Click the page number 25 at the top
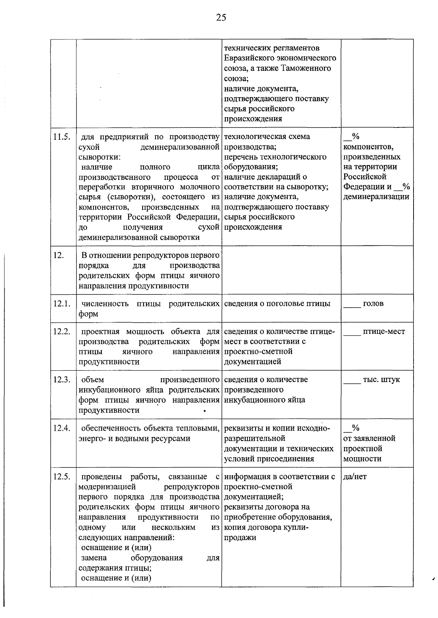tap(221, 17)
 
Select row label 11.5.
tap(61, 137)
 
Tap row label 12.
tap(58, 256)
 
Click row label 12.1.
tap(61, 304)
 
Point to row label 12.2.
tap(61, 332)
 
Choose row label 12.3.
tap(61, 380)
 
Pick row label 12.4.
tap(61, 428)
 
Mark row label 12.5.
tap(61, 477)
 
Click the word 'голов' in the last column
tap(373, 304)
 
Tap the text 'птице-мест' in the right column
tap(384, 332)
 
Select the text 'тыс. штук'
tap(381, 380)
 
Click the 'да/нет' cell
tap(355, 477)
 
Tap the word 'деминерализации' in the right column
tap(376, 197)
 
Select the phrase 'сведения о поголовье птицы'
tap(277, 304)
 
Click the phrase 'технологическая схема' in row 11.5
tap(267, 137)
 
